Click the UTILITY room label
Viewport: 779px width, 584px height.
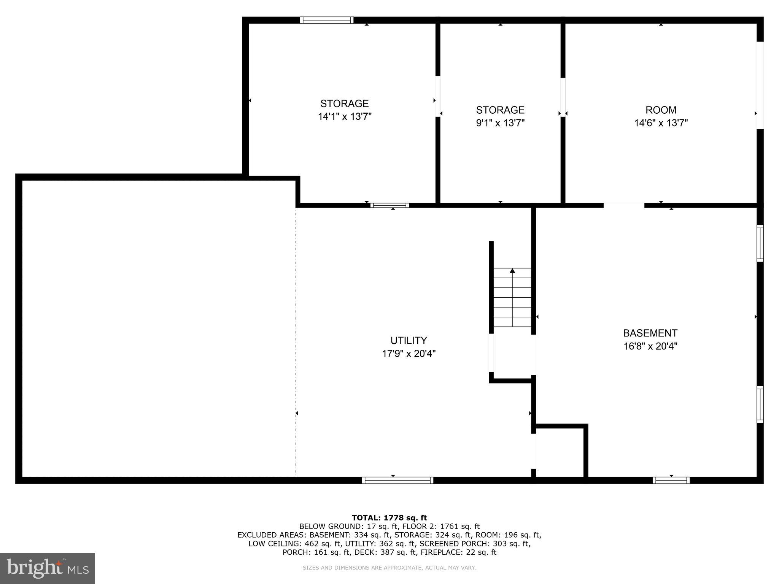click(x=409, y=340)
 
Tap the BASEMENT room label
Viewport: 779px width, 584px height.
click(x=650, y=333)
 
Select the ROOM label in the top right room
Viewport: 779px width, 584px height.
click(x=661, y=110)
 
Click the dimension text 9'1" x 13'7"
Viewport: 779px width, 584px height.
click(x=500, y=123)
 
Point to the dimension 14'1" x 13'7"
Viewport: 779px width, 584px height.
click(x=345, y=116)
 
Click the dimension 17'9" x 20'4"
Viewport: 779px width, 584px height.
click(x=409, y=354)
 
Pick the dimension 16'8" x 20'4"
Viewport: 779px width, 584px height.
click(x=650, y=346)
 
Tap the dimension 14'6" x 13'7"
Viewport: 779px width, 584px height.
click(x=661, y=123)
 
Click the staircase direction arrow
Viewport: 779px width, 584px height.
click(x=512, y=271)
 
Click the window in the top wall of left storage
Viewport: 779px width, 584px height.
click(x=326, y=20)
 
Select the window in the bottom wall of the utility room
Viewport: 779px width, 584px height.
click(x=397, y=480)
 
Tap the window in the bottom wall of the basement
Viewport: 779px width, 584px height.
click(x=671, y=480)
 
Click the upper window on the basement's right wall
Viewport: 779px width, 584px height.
click(x=760, y=243)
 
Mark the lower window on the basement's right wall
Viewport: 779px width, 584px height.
click(x=760, y=404)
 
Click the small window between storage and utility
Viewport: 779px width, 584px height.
click(x=389, y=205)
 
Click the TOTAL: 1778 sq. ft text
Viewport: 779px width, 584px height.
click(x=389, y=517)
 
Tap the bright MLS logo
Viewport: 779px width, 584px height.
click(x=48, y=568)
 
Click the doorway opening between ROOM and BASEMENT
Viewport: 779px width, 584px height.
click(x=624, y=205)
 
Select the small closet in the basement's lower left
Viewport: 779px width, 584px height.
click(x=560, y=452)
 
